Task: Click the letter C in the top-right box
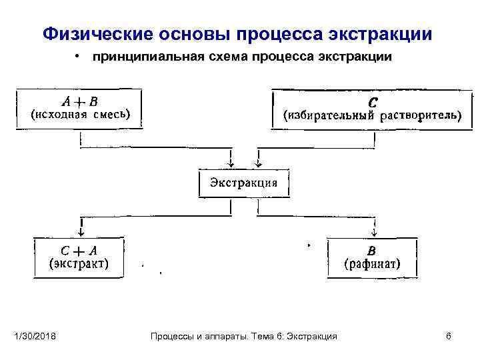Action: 373,103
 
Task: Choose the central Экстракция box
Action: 244,183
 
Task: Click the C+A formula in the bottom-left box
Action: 80,251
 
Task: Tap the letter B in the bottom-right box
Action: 372,251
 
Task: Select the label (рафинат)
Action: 372,263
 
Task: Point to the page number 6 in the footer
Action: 449,337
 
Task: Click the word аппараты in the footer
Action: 227,337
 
